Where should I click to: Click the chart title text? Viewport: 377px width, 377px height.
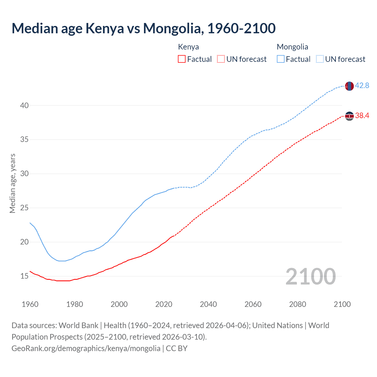[x=143, y=28]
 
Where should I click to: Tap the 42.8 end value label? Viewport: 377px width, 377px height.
[x=362, y=85]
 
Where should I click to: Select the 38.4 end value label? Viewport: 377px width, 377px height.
[x=362, y=115]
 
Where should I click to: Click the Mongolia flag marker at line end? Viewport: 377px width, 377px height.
[x=349, y=86]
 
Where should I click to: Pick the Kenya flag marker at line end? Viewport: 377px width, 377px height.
[x=349, y=116]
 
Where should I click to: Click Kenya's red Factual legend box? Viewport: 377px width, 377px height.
[x=182, y=59]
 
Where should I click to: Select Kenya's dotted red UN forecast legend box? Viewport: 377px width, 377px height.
[x=221, y=59]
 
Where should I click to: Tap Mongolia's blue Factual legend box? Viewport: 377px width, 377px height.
[x=281, y=59]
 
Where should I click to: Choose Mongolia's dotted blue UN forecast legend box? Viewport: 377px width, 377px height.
[x=320, y=59]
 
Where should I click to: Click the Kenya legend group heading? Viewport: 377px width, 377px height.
[x=188, y=47]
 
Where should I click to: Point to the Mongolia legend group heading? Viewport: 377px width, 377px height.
[x=292, y=47]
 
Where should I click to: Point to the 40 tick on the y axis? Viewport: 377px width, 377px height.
[x=24, y=105]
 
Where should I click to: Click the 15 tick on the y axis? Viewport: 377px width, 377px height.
[x=24, y=276]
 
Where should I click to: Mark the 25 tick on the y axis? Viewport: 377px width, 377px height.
[x=24, y=208]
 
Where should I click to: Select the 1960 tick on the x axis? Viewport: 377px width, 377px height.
[x=30, y=304]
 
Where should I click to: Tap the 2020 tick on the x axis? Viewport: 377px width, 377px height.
[x=164, y=304]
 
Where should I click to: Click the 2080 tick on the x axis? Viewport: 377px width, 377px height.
[x=297, y=304]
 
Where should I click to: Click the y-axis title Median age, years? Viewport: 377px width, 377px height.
[x=12, y=183]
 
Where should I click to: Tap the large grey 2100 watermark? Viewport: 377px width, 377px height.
[x=310, y=276]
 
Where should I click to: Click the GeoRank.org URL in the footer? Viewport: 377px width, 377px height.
[x=86, y=348]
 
